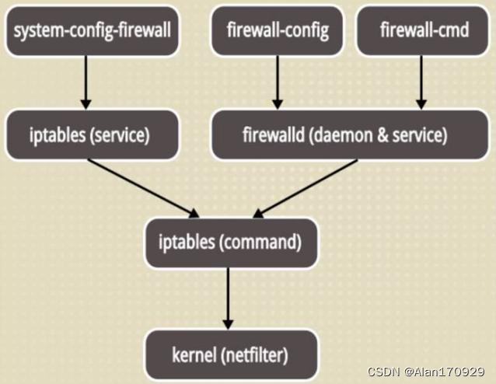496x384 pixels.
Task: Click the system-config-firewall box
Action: pyautogui.click(x=92, y=32)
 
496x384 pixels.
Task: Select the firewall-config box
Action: pyautogui.click(x=278, y=32)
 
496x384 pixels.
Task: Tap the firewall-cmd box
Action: pyautogui.click(x=421, y=32)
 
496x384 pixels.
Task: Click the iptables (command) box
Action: pyautogui.click(x=231, y=242)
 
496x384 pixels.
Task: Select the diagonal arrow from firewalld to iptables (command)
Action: pyautogui.click(x=305, y=187)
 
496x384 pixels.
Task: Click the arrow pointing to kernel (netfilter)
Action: pyautogui.click(x=229, y=298)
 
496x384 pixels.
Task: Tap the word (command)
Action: pyautogui.click(x=260, y=242)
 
